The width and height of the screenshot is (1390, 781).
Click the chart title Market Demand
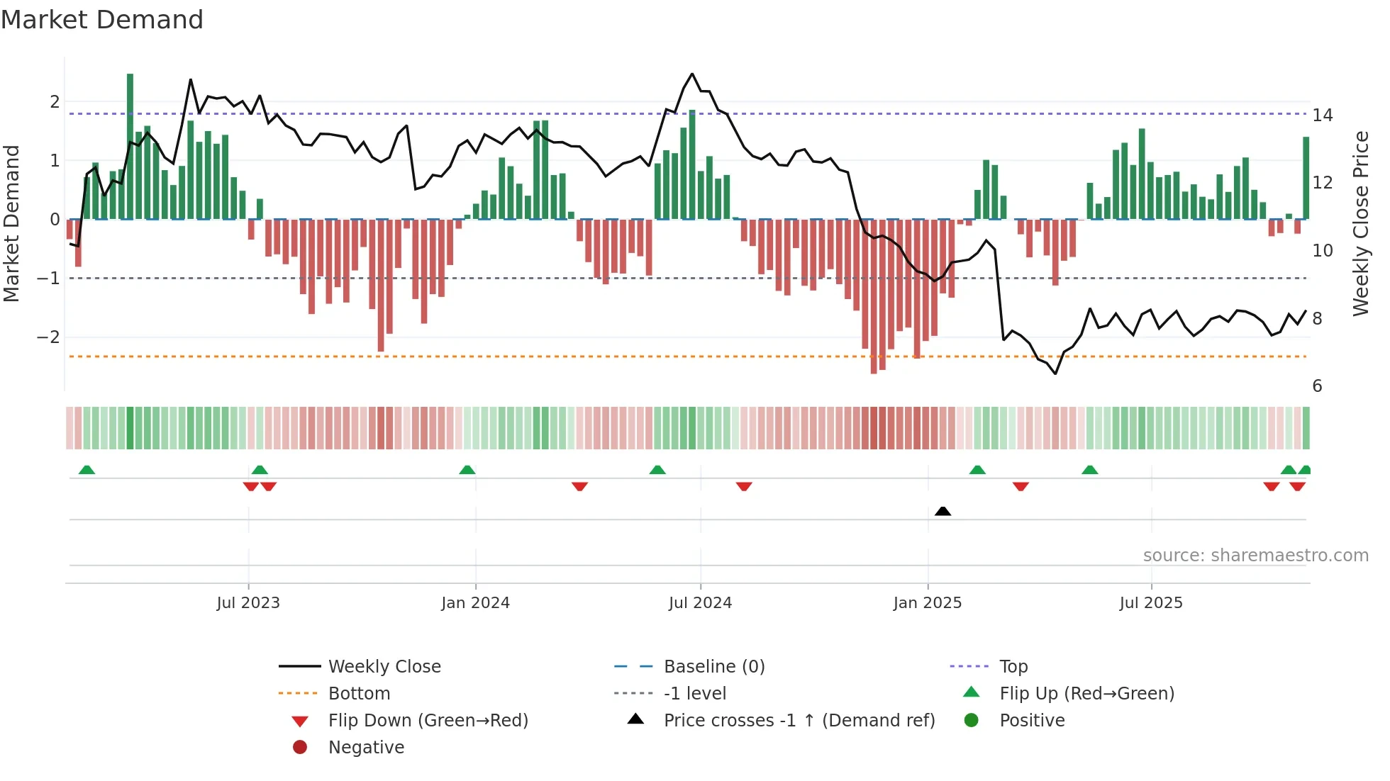point(102,20)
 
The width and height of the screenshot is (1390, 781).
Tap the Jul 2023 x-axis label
point(248,603)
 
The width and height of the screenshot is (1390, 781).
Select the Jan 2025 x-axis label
point(927,603)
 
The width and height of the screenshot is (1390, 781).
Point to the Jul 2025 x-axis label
point(1151,603)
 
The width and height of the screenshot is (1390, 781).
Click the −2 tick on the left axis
point(48,337)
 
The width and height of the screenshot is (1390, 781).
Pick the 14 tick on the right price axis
point(1322,115)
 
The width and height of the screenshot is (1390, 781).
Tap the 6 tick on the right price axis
point(1317,386)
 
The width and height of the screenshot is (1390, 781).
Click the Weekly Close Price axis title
point(1360,223)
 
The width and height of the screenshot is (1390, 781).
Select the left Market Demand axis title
point(11,223)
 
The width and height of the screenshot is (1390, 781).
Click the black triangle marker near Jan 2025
point(943,511)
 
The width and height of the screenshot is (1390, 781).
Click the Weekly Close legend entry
point(384,666)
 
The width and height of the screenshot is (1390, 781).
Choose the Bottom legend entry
point(359,693)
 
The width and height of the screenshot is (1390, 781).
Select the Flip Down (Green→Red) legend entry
point(428,720)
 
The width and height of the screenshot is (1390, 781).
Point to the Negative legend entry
point(366,747)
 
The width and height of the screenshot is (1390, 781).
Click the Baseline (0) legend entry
point(713,666)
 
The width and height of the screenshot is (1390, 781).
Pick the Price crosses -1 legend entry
point(799,720)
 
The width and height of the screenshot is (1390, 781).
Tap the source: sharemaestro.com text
point(1255,555)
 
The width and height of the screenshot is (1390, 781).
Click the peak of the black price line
point(692,74)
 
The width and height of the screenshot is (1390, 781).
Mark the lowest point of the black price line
point(1055,373)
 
